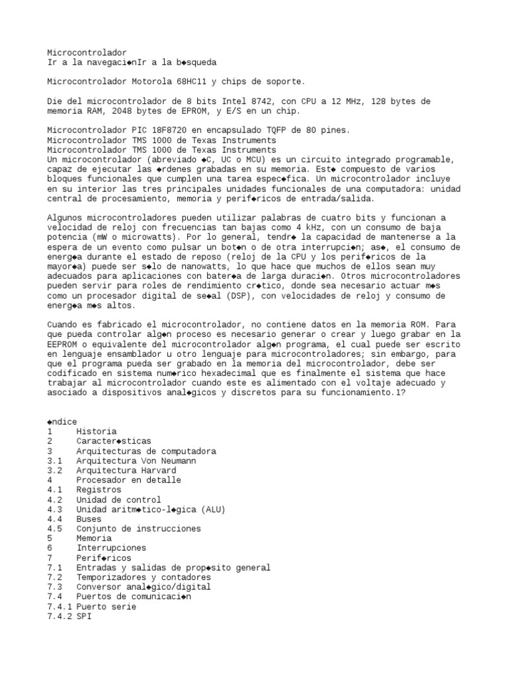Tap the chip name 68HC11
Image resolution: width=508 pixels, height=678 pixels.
click(x=196, y=81)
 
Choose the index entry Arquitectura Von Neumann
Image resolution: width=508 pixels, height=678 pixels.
click(x=136, y=461)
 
